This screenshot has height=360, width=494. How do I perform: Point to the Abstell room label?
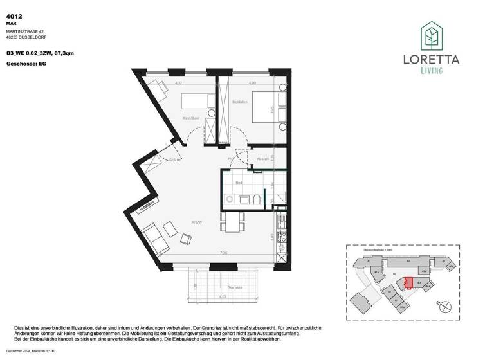tap(262, 159)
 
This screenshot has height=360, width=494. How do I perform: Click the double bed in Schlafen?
tap(266, 106)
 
